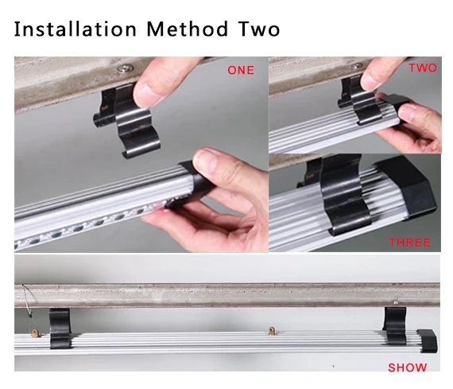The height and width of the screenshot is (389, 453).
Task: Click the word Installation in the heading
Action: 75,29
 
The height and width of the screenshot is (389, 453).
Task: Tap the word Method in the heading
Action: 188,29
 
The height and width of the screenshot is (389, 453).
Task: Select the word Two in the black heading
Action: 259,29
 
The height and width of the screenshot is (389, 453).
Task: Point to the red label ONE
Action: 241,70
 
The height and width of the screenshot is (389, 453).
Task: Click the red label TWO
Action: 423,68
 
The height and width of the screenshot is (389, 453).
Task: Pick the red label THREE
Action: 409,243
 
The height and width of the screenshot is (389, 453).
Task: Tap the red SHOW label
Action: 408,368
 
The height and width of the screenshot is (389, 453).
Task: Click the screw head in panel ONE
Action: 126,68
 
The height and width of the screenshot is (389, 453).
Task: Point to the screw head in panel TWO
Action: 357,66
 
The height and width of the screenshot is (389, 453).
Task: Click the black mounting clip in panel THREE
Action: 344,194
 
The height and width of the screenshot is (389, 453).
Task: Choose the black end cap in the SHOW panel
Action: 427,340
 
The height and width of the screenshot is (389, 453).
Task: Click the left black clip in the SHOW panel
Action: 60,329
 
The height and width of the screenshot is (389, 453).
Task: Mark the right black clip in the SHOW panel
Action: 395,325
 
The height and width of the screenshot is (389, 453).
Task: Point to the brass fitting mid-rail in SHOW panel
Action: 272,331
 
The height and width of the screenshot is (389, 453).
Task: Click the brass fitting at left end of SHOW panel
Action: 35,333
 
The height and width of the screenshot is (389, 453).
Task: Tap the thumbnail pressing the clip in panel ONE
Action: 146,92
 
